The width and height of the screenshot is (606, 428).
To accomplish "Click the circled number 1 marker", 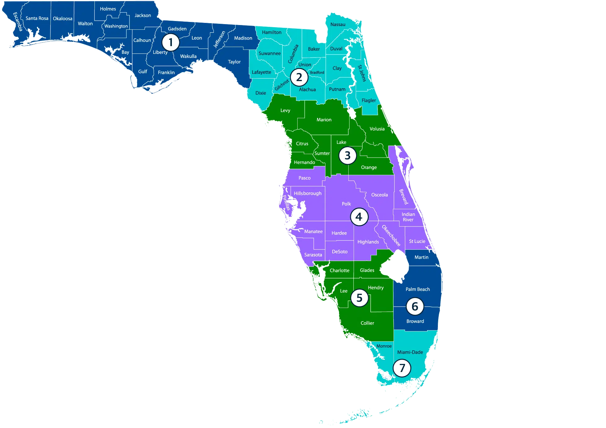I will click(x=171, y=42).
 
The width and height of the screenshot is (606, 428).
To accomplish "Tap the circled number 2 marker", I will click(x=299, y=77).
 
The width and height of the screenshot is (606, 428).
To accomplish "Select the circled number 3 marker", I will click(x=347, y=155).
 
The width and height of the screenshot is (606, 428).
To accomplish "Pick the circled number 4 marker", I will click(x=359, y=217).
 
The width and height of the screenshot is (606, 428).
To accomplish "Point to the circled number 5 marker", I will click(x=359, y=298).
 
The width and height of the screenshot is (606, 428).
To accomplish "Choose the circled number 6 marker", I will click(x=415, y=306).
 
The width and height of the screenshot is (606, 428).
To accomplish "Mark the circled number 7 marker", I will click(x=402, y=368).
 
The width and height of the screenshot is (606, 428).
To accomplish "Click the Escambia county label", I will click(x=18, y=22).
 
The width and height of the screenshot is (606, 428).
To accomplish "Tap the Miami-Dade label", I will click(x=410, y=352).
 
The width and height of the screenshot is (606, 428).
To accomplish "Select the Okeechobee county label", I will click(x=391, y=236).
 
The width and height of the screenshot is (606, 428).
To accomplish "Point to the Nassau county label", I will click(x=338, y=24).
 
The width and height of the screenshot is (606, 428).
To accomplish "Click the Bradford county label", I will click(x=317, y=72).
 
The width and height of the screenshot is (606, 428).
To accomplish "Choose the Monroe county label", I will click(x=384, y=346).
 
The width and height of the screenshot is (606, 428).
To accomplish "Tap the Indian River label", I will click(x=408, y=217).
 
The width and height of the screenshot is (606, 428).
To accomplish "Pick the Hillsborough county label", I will click(x=307, y=193).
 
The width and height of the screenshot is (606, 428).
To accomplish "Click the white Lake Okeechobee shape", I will click(x=395, y=266).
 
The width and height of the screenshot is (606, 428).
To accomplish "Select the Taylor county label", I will click(x=234, y=62).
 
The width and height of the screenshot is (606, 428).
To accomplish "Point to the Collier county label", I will click(x=367, y=323).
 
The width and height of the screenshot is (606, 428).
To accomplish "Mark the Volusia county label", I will click(x=377, y=129).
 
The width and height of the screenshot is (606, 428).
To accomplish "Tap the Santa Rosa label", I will click(x=37, y=18).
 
